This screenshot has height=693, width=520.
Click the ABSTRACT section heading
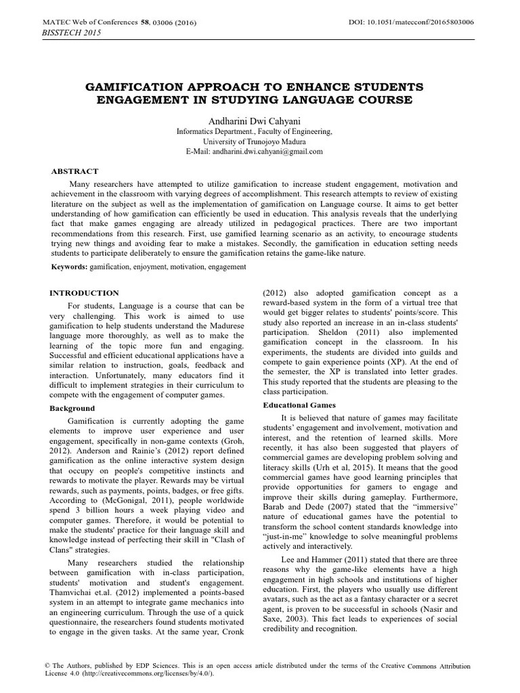(x=75, y=171)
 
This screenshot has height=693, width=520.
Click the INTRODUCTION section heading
(x=85, y=293)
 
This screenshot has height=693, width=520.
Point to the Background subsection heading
(x=73, y=409)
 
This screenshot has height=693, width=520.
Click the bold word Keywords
(x=70, y=267)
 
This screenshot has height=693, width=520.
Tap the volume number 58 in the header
(x=144, y=23)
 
